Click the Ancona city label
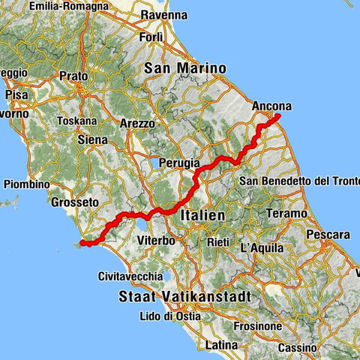coord(272,106)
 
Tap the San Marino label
coord(185,68)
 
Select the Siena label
coord(94,139)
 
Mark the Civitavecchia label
coord(131,276)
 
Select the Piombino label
coord(26,184)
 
